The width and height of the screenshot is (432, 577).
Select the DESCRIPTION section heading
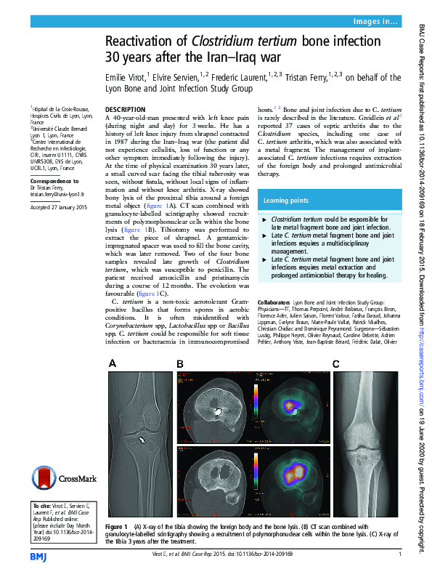coord(126,109)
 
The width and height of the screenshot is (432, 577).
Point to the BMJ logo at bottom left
coord(38,555)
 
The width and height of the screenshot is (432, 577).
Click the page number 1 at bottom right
coord(400,554)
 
